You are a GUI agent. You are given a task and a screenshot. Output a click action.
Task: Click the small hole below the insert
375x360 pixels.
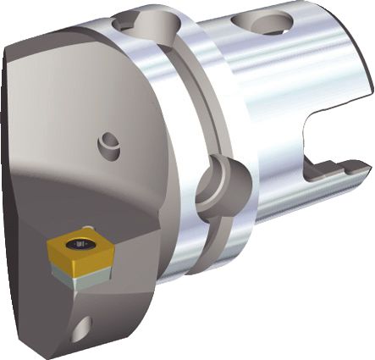click(81, 326)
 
